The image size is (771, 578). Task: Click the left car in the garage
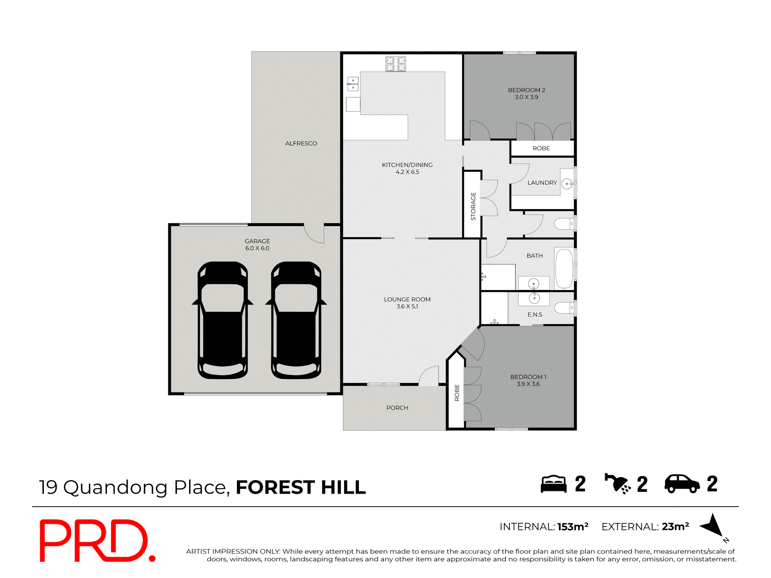222,320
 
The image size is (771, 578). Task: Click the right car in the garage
296,320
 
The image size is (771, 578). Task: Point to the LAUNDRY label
542,183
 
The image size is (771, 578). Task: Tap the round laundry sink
567,184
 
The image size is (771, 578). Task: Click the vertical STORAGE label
473,206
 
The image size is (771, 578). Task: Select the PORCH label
397,408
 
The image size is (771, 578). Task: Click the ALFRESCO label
301,143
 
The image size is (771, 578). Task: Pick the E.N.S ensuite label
534,315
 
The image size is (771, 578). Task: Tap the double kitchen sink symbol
353,84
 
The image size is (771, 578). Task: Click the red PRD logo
96,540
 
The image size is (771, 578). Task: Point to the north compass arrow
712,525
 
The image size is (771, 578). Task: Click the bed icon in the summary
553,484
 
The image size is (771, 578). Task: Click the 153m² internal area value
573,527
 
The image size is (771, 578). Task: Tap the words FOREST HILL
301,487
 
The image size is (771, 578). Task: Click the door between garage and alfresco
314,234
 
